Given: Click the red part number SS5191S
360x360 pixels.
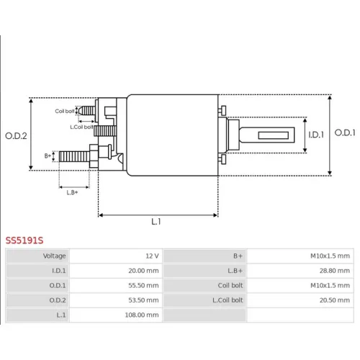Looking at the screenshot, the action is click(x=24, y=240).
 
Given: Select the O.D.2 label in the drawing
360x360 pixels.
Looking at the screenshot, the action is click(x=16, y=136).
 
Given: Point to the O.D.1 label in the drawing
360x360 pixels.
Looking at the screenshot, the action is click(x=345, y=132).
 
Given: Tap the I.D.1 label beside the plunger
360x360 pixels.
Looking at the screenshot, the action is click(x=316, y=135).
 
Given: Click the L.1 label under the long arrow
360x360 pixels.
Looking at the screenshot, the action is click(x=156, y=222).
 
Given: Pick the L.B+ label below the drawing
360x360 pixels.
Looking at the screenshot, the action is click(x=72, y=192).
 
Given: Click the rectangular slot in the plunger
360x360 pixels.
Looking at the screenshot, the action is click(x=274, y=135).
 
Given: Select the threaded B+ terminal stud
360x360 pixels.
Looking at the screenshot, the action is click(x=74, y=156).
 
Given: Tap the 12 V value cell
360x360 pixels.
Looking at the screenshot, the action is click(x=116, y=256).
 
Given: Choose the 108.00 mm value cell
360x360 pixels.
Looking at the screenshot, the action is click(x=116, y=315).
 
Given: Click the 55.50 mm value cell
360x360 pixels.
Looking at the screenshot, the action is click(x=116, y=285).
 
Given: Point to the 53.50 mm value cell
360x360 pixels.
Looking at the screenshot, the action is click(x=116, y=300).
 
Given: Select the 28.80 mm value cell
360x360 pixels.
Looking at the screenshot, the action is click(x=300, y=271).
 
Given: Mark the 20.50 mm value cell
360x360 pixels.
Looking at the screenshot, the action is click(x=300, y=300).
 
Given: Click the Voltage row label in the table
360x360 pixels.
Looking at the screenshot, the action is click(x=54, y=256).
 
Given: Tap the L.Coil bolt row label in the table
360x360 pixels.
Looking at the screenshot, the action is click(x=228, y=300).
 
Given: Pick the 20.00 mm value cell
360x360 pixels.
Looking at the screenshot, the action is click(x=116, y=271).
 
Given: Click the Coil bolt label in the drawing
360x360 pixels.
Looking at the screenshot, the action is click(x=65, y=111).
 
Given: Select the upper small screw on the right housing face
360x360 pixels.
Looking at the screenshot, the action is click(x=222, y=110).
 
